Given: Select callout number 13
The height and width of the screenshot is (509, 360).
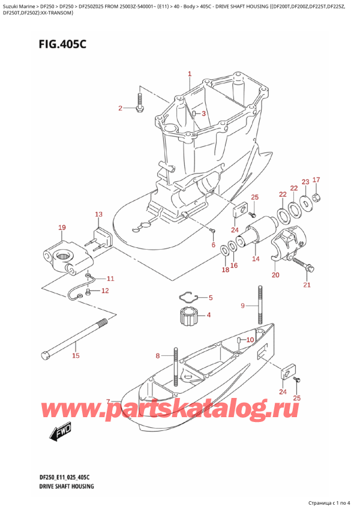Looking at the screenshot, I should tap(98, 214).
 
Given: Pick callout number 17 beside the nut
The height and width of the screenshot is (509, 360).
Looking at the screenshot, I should tap(316, 180).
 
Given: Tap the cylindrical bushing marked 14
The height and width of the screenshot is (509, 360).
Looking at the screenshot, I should tap(258, 236).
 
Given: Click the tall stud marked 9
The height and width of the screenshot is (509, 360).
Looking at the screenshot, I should tap(262, 306).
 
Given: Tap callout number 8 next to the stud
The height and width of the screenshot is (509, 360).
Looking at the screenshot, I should tap(158, 355).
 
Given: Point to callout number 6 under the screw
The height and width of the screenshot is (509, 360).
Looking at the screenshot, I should tap(212, 244).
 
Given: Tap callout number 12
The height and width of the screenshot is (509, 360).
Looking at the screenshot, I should tap(104, 291).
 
